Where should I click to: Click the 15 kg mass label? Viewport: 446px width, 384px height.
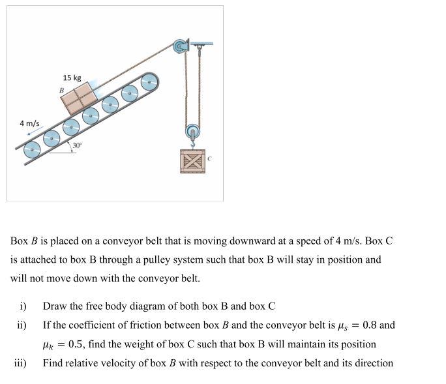coord(72,78)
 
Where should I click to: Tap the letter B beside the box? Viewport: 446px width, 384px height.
coord(61,91)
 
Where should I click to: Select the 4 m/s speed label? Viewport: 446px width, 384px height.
coord(29,123)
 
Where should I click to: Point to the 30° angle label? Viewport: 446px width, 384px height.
coord(77,145)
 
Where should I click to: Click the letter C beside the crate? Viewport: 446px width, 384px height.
coord(209,158)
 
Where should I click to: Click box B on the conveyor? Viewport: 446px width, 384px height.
coord(79,98)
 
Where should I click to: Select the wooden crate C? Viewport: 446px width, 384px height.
coord(192,161)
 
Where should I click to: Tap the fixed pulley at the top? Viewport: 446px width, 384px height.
coord(180,46)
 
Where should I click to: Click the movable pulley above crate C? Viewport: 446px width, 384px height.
coord(193,132)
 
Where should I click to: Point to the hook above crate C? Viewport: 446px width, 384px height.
coord(193,144)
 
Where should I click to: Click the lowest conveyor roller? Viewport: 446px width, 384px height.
coord(32,149)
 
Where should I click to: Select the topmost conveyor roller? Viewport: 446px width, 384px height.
coord(149,82)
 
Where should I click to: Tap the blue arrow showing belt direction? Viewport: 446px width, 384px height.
coord(35,131)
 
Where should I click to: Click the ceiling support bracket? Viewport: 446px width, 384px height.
coord(201,44)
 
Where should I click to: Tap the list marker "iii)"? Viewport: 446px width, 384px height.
coord(20,363)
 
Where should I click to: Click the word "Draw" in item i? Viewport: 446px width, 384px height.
coord(55,306)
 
